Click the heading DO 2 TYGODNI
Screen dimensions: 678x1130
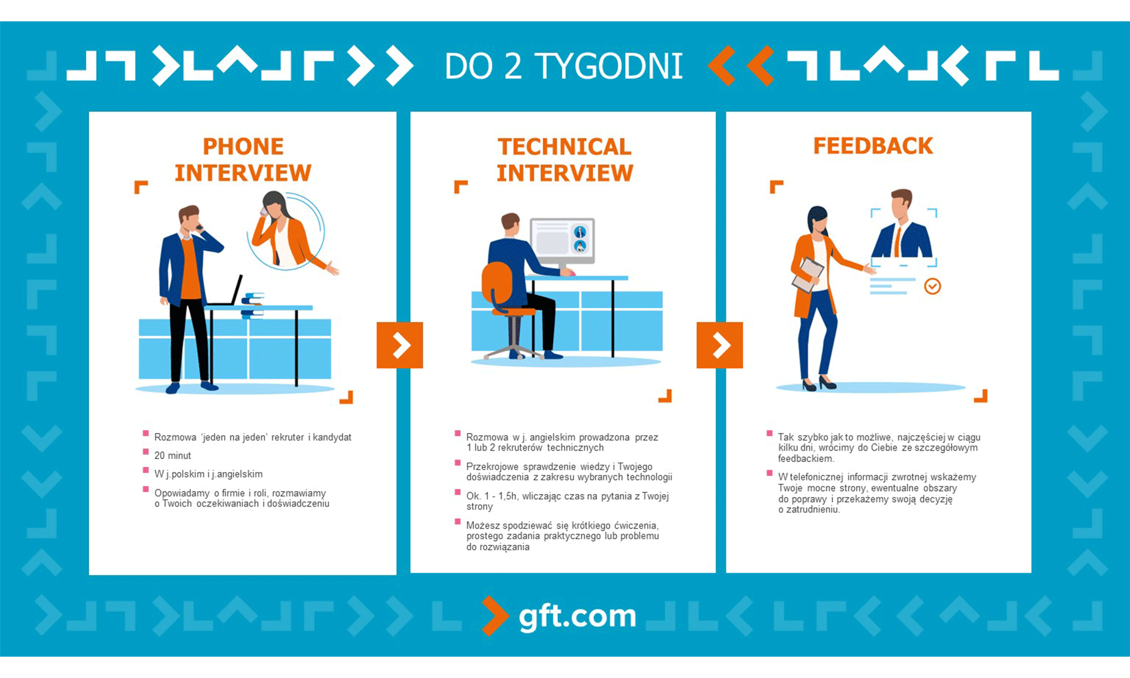click(x=563, y=66)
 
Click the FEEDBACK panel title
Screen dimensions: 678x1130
click(x=873, y=146)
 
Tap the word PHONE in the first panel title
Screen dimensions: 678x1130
click(x=243, y=146)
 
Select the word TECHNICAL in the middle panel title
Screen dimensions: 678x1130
click(x=564, y=146)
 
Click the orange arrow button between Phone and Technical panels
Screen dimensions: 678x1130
click(x=400, y=345)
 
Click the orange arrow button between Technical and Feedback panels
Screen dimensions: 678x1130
click(x=719, y=345)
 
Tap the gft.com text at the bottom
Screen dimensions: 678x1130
click(x=577, y=616)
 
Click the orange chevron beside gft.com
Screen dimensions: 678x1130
click(x=495, y=615)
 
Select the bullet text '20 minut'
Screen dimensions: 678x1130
click(x=173, y=456)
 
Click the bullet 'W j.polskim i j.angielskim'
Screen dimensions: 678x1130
click(x=208, y=474)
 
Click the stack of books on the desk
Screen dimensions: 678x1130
click(x=252, y=304)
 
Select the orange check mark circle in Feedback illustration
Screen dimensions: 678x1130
click(x=932, y=286)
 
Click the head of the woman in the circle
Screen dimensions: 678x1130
click(x=274, y=204)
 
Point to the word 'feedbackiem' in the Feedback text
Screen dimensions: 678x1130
click(x=805, y=459)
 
